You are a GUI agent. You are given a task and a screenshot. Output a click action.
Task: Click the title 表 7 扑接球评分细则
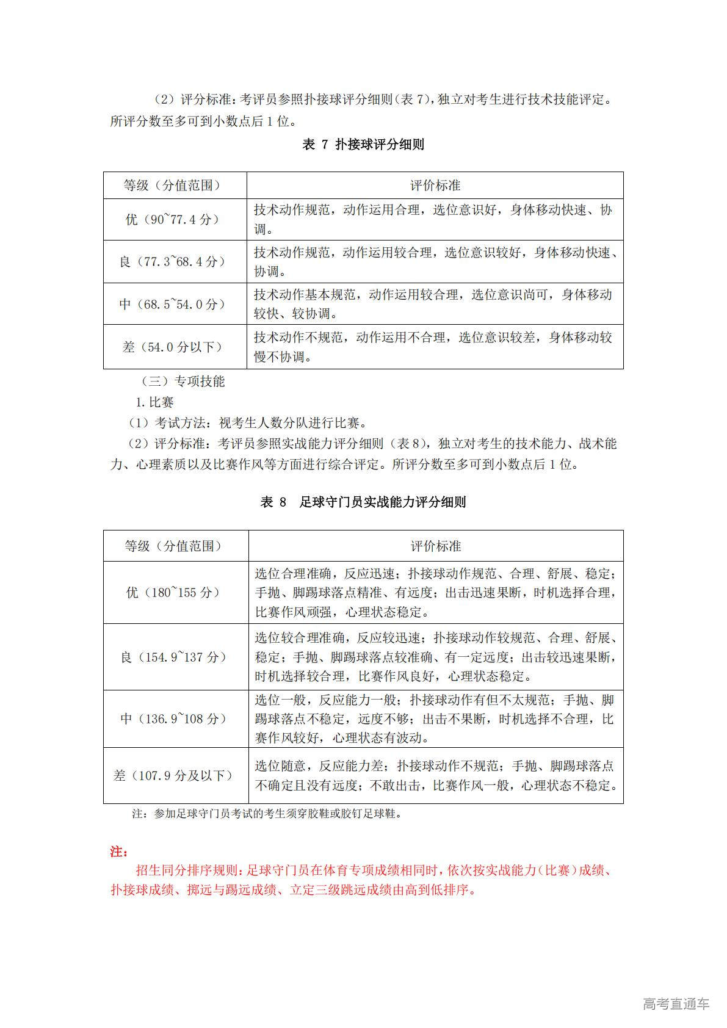point(363,145)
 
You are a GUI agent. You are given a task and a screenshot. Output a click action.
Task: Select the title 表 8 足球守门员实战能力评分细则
point(363,502)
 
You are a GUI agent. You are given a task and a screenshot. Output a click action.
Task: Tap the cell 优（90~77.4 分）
point(174,219)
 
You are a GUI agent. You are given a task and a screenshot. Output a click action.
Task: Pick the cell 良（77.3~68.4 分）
point(174,261)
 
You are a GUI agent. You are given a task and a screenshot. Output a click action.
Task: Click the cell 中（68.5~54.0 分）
point(174,303)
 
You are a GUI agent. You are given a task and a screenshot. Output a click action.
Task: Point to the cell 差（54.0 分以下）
point(174,347)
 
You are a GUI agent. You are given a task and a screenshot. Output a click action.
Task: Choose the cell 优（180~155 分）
point(175,592)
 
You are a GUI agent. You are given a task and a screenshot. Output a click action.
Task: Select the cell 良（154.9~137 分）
point(175,657)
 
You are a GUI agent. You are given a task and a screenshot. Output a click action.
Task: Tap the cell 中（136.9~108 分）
point(175,719)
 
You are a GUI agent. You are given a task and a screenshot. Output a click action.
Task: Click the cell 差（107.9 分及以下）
point(175,775)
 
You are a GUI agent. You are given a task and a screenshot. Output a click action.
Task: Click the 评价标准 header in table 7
point(435,185)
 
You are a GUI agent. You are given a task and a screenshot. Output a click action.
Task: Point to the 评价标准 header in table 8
point(435,546)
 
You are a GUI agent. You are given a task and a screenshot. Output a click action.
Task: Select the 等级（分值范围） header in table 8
point(175,546)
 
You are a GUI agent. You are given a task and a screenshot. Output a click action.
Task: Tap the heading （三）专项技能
point(183,382)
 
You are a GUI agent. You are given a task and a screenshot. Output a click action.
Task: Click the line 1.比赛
point(154,402)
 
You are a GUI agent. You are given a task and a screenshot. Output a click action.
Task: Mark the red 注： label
point(118,851)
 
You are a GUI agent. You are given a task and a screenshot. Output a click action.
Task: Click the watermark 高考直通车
point(675,1004)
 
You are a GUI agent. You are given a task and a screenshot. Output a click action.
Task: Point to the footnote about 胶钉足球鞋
point(267,814)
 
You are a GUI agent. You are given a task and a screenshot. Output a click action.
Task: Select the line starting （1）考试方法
point(247,422)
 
